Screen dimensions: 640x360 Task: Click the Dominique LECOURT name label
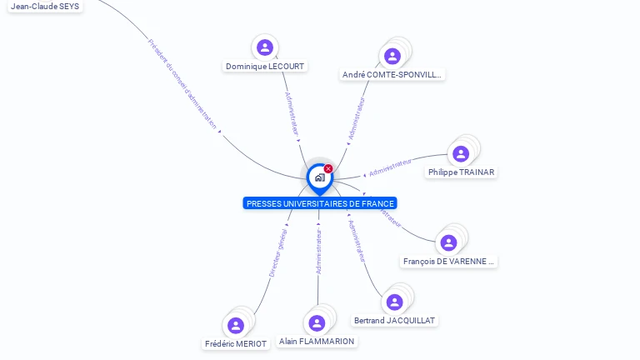[x=265, y=67]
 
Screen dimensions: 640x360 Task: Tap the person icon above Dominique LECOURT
[x=265, y=47]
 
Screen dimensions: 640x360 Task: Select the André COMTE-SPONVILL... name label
[x=392, y=75]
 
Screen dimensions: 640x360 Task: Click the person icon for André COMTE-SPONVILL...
[x=392, y=56]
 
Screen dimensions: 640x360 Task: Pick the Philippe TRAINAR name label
[x=461, y=172]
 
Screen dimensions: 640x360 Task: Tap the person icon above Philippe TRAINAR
[x=461, y=153]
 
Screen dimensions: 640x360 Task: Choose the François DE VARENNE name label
[x=448, y=262]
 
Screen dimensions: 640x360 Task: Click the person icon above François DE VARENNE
[x=448, y=242]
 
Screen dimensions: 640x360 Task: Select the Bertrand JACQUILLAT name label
[x=394, y=321]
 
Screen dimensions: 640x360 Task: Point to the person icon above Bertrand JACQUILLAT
[x=394, y=302]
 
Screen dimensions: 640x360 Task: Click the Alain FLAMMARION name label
[x=317, y=342]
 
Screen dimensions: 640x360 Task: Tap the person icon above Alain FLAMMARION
[x=317, y=322]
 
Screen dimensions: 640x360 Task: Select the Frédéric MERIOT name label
[x=236, y=344]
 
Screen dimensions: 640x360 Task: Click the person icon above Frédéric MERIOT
[x=236, y=325]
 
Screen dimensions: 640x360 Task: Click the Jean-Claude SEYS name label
[x=46, y=6]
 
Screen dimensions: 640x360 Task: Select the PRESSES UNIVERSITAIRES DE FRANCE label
[x=320, y=203]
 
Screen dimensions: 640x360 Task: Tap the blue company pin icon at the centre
[x=319, y=177]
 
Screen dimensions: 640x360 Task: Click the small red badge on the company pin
[x=328, y=169]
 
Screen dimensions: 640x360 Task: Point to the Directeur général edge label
[x=278, y=253]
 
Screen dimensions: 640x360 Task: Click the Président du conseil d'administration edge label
[x=182, y=84]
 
